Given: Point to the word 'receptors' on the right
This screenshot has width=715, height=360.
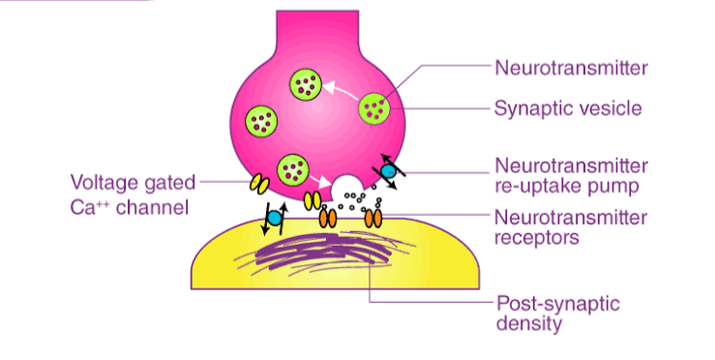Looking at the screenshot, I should pyautogui.click(x=535, y=236).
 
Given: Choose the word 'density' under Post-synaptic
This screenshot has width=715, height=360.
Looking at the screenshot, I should pyautogui.click(x=528, y=324).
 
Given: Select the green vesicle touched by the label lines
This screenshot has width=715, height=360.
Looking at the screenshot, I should pyautogui.click(x=375, y=108).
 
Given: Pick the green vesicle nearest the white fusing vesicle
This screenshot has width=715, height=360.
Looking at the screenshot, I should pyautogui.click(x=293, y=170).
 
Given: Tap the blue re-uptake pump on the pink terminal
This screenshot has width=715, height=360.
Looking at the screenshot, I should pyautogui.click(x=387, y=171).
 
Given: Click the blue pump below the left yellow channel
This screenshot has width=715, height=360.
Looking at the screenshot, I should pyautogui.click(x=274, y=221).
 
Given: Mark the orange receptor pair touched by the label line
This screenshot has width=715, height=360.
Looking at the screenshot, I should pyautogui.click(x=373, y=220).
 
